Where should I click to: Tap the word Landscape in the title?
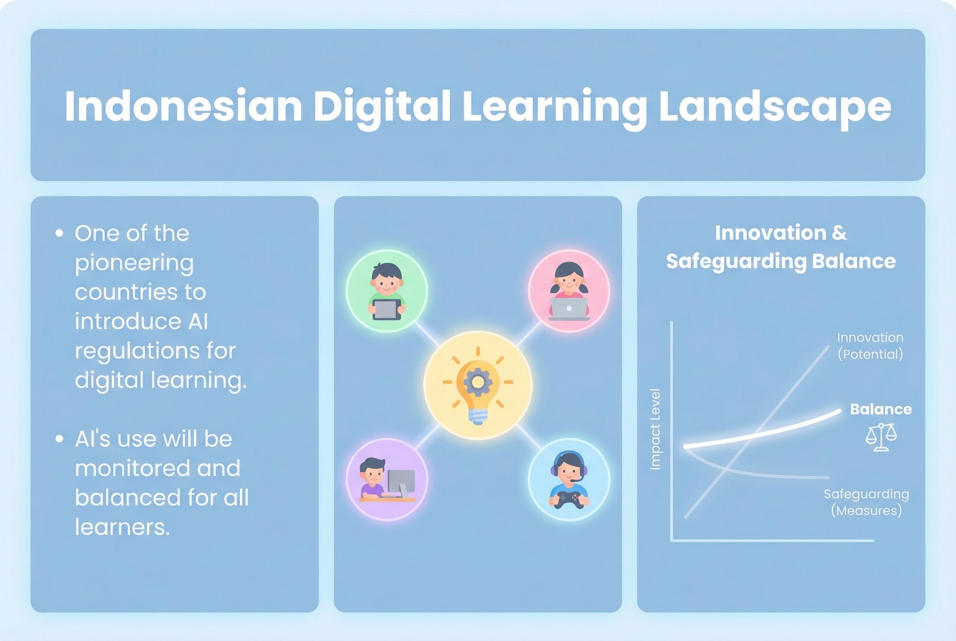click(x=775, y=106)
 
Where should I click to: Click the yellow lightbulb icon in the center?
click(x=477, y=385)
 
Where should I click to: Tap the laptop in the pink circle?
click(x=569, y=307)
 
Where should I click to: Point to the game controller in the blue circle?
click(x=569, y=500)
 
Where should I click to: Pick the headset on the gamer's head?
click(x=569, y=460)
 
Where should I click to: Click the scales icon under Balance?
click(x=881, y=437)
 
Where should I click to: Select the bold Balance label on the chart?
click(x=881, y=409)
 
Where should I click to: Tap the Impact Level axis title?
click(x=655, y=429)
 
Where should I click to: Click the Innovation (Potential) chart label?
click(x=870, y=346)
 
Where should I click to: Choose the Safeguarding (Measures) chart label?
click(x=866, y=502)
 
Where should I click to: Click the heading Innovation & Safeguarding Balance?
click(x=781, y=247)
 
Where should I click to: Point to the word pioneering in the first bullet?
click(x=134, y=263)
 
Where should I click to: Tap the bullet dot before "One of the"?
click(x=60, y=234)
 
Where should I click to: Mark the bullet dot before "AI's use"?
click(x=60, y=439)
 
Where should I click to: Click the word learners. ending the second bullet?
click(x=122, y=527)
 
